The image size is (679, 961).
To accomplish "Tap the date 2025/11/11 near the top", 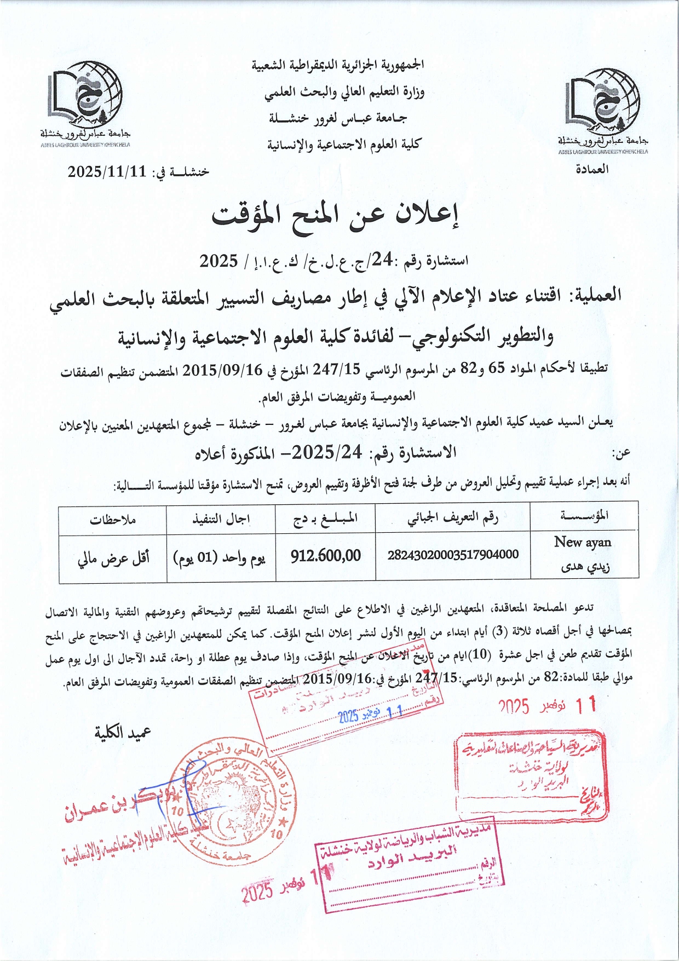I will [107, 171].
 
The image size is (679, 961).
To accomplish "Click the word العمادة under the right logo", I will [591, 169].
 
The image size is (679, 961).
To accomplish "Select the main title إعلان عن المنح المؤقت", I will [335, 216].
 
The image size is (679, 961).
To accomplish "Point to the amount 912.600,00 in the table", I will [325, 556].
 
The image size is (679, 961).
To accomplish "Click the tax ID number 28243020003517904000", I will [453, 554].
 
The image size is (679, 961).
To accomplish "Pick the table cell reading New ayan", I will [583, 542].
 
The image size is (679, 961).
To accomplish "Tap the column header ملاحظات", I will [113, 519].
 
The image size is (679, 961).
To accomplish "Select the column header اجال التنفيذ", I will [221, 519].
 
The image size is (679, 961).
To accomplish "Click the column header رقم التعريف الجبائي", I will [453, 517].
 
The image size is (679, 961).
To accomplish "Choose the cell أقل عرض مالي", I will [113, 557].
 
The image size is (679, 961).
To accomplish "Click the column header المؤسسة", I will [584, 516].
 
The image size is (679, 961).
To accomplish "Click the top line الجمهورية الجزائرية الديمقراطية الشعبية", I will [338, 65].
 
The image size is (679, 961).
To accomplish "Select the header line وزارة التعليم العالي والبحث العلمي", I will [344, 92].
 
